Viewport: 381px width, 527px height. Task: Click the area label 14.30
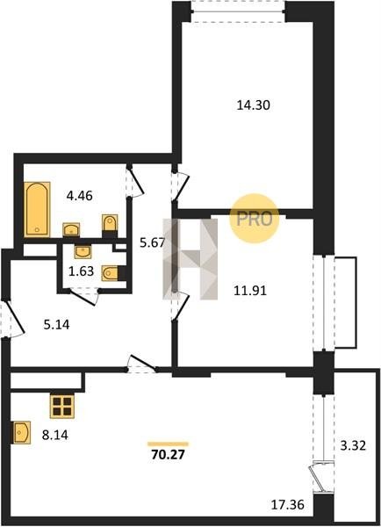254,105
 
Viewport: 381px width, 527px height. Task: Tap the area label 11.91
250,291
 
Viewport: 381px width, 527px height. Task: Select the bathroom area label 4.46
79,195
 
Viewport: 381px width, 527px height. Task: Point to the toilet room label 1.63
81,271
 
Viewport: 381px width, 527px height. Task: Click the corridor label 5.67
153,242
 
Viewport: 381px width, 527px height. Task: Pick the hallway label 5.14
57,325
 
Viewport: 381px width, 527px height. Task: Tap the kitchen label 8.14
55,436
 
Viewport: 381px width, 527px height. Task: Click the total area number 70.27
169,455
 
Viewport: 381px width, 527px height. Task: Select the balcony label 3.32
353,446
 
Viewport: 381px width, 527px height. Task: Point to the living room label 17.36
288,504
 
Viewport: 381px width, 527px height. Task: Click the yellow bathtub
37,209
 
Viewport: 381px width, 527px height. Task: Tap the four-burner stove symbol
62,406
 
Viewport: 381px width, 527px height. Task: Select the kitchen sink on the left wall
21,432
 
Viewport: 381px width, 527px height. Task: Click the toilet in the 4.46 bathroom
110,223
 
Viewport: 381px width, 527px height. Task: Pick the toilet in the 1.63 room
111,273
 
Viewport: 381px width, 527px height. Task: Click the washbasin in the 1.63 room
83,252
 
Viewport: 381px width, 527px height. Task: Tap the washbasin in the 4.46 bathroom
71,230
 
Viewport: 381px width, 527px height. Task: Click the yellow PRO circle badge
255,219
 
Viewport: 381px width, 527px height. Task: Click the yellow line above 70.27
169,444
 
